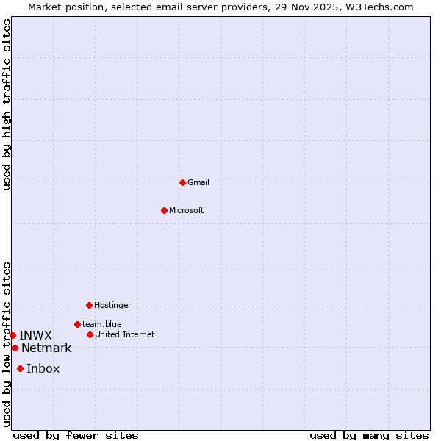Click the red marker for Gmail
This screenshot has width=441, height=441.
(x=182, y=182)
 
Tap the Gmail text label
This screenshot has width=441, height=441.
(x=198, y=182)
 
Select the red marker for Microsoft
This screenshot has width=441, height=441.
(x=164, y=210)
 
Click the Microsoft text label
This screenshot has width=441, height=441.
(x=187, y=210)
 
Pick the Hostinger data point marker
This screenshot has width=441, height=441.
(x=89, y=305)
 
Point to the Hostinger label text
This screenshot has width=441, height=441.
(x=112, y=305)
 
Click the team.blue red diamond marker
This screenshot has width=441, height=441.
(x=77, y=324)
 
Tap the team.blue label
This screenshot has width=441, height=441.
(x=102, y=324)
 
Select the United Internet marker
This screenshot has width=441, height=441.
(x=90, y=334)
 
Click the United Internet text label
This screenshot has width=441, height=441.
(x=125, y=334)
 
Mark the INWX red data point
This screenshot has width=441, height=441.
(x=12, y=335)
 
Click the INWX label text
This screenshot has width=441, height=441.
(x=35, y=335)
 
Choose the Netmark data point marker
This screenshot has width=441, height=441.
(x=15, y=348)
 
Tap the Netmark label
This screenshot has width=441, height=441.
(x=46, y=348)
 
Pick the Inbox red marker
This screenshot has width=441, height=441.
(x=20, y=368)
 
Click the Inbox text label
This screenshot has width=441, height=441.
(x=43, y=368)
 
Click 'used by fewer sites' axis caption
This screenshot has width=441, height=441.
(x=76, y=435)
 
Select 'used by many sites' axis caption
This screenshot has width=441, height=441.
(x=369, y=435)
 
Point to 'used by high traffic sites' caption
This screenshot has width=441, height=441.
(x=7, y=104)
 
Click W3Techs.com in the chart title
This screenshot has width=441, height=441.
(x=379, y=7)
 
